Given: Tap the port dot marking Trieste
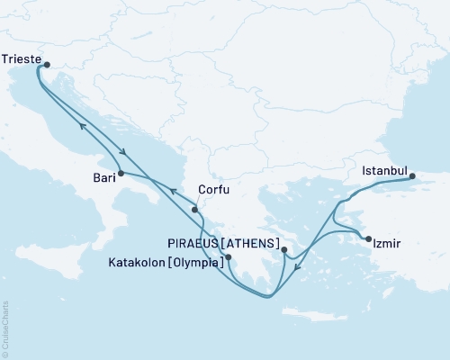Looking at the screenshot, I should [47, 64].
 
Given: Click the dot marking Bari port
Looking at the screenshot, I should [120, 172].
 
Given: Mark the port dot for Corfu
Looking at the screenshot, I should [194, 210].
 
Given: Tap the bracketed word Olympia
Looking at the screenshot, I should [200, 258].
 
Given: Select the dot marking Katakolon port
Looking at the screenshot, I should [229, 257].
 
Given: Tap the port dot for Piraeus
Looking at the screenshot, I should [283, 250].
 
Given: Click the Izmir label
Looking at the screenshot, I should [390, 241].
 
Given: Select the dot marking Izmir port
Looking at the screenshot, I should [368, 238].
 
